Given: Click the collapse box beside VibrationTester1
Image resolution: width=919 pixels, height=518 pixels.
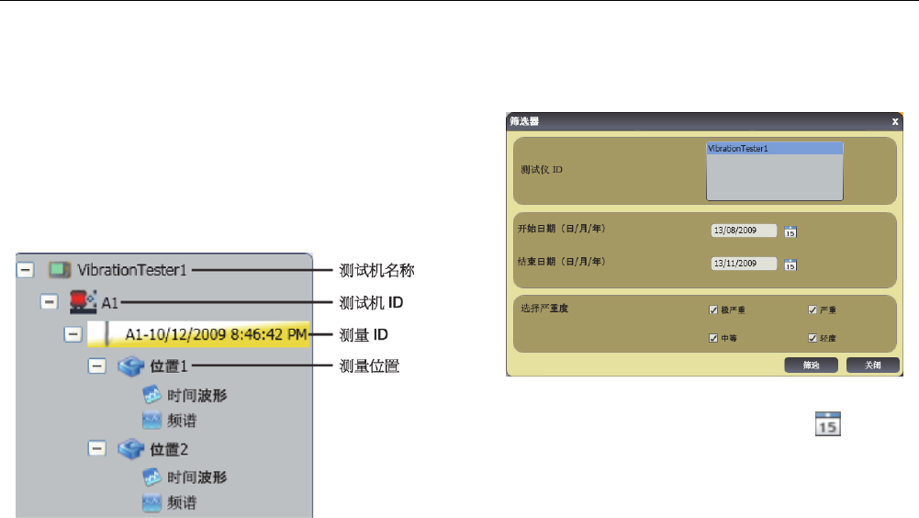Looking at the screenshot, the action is pyautogui.click(x=25, y=270).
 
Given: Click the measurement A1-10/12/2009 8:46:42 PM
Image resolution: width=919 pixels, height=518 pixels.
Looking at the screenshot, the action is pyautogui.click(x=216, y=334).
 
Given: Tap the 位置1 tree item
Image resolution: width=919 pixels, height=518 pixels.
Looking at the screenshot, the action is pyautogui.click(x=169, y=366).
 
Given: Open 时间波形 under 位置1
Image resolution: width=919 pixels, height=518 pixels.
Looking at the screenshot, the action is pyautogui.click(x=197, y=396).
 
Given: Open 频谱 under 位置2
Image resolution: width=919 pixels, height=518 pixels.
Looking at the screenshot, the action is pyautogui.click(x=183, y=502).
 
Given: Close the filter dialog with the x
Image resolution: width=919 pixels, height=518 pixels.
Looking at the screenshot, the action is pyautogui.click(x=895, y=120).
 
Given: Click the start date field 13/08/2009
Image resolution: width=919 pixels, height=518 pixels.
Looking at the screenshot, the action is pyautogui.click(x=744, y=231).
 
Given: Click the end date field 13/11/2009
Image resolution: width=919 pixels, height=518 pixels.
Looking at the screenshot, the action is pyautogui.click(x=744, y=264).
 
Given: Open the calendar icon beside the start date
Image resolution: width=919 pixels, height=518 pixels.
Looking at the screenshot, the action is pyautogui.click(x=790, y=231).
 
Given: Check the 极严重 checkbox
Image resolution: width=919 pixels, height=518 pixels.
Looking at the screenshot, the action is pyautogui.click(x=713, y=310).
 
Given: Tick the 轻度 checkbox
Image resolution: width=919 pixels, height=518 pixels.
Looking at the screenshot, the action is pyautogui.click(x=813, y=338).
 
